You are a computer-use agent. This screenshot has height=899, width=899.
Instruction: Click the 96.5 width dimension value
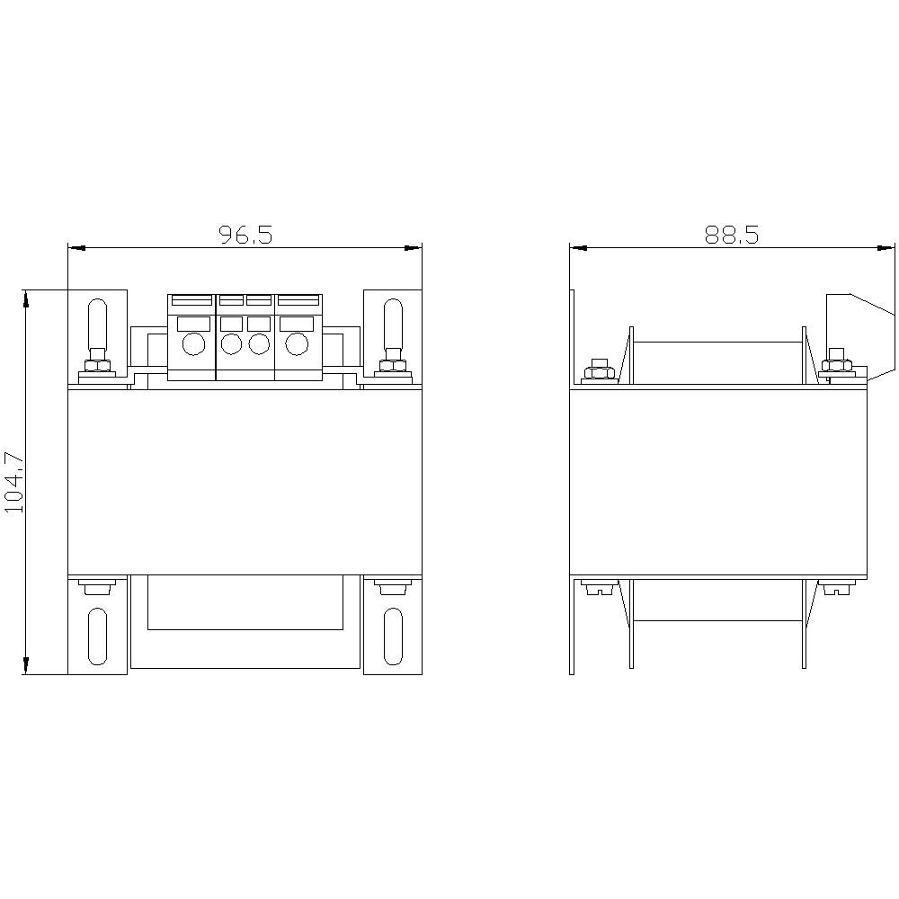[x=245, y=235]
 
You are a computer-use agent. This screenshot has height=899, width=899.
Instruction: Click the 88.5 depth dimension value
[x=732, y=235]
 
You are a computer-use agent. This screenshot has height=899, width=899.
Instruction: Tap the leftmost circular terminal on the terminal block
[x=192, y=343]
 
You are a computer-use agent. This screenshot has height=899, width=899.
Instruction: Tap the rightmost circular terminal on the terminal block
[x=296, y=343]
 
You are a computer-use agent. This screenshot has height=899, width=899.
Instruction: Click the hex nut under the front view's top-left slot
[x=97, y=366]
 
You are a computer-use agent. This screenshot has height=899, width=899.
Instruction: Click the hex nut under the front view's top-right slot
[x=392, y=366]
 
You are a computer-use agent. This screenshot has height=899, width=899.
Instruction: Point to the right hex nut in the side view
[x=836, y=366]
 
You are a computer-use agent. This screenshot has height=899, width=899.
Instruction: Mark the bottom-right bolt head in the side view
[x=836, y=590]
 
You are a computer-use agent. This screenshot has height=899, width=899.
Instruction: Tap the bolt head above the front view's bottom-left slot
[x=97, y=589]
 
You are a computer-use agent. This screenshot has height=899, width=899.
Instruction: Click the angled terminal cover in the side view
[x=861, y=328]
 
